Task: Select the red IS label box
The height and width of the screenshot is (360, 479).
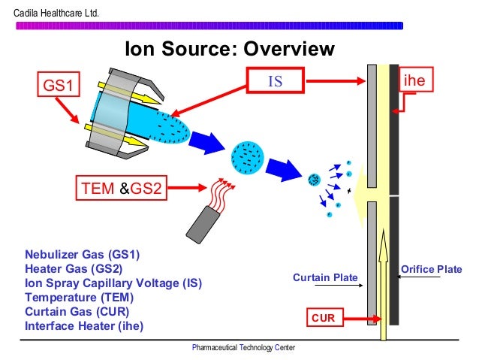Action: [276, 80]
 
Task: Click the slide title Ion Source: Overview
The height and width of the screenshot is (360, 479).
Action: [229, 50]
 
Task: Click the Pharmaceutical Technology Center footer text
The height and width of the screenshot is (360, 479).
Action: [243, 348]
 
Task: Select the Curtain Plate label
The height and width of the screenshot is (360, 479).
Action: [325, 278]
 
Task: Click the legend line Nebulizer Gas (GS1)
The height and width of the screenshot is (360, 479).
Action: [82, 254]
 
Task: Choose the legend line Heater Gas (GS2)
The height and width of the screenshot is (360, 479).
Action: [72, 268]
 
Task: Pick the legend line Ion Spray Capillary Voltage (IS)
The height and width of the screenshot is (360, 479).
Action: [113, 283]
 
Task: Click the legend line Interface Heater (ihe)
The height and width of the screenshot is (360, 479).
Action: [84, 326]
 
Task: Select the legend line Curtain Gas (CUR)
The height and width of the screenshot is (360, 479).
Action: [77, 312]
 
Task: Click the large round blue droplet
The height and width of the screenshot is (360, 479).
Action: [247, 156]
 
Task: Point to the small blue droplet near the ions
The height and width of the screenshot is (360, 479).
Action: [315, 179]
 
